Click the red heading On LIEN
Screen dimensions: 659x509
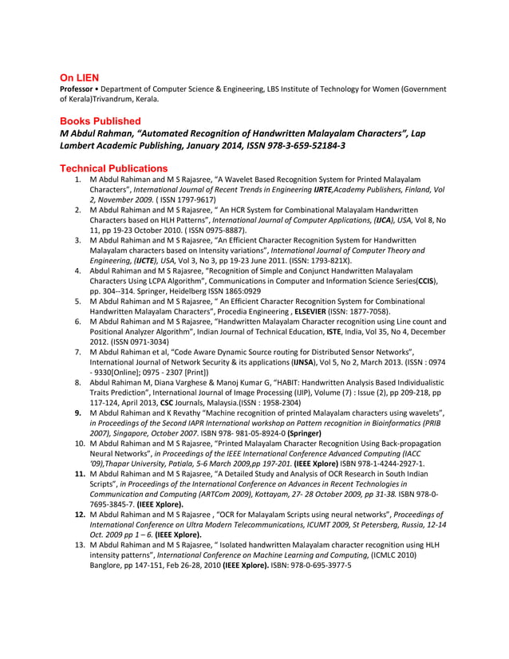(80, 77)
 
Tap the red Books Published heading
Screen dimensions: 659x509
(101, 120)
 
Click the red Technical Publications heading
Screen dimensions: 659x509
(114, 168)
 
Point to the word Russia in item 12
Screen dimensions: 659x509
(408, 524)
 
